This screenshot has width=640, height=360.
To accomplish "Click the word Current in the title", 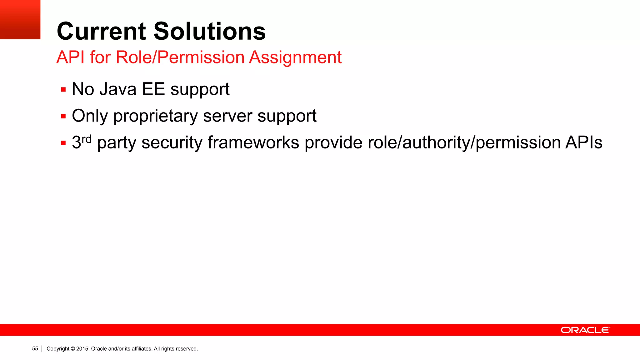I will [x=101, y=32].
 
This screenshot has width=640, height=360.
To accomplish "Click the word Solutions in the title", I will [x=209, y=32].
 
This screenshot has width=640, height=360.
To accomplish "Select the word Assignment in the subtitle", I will [x=295, y=57].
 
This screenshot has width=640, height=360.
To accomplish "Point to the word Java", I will [x=118, y=89].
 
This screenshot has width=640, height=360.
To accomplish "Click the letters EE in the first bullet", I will [x=153, y=89].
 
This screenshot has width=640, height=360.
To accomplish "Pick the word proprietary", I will [x=156, y=116].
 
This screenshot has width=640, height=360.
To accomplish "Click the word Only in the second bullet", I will [x=90, y=116].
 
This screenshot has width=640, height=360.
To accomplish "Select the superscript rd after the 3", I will [x=87, y=139].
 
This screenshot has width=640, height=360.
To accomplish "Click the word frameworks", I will [x=253, y=143].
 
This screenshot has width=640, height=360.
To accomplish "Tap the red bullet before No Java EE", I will [x=63, y=90].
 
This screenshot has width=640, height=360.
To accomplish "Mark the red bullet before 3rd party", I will [x=63, y=143].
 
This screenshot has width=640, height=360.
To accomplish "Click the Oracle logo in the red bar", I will [x=585, y=330].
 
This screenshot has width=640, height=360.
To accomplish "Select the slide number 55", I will [x=35, y=349].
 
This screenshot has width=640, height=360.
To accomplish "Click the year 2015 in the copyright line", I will [x=82, y=349].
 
